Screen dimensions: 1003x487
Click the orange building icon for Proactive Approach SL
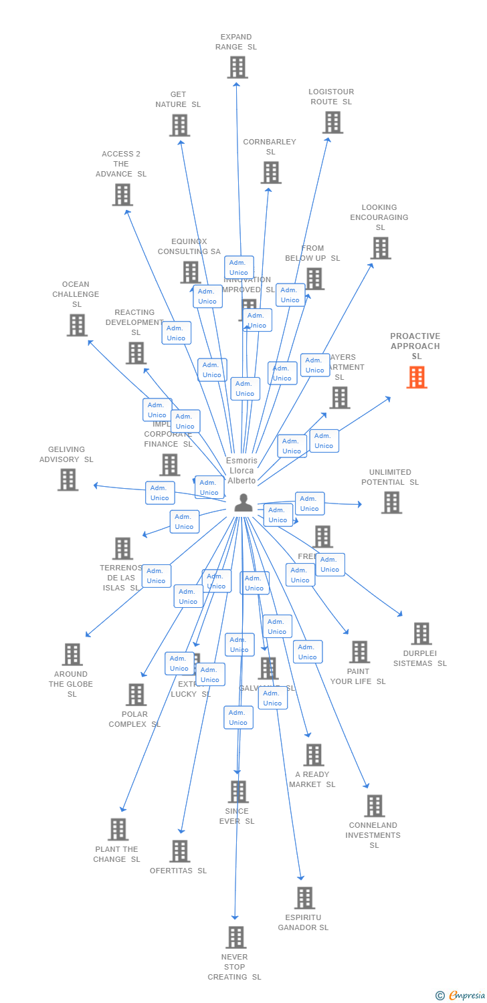tap(417, 378)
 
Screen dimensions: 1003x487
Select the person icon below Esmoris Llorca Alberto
tap(243, 503)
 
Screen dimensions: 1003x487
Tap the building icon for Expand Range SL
tap(237, 68)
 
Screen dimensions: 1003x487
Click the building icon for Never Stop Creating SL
tap(235, 937)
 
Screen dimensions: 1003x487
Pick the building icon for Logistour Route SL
tap(332, 122)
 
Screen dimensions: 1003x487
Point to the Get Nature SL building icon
tap(179, 125)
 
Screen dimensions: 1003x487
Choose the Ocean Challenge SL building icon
tap(77, 325)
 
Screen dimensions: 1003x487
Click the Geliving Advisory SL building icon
tap(68, 479)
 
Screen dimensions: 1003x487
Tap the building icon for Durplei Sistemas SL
tap(421, 633)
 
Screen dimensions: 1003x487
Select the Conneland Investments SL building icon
tap(375, 806)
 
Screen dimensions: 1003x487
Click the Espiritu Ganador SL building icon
tap(304, 898)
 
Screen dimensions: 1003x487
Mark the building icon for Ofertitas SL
tap(179, 851)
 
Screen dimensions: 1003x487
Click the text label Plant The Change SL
tap(116, 854)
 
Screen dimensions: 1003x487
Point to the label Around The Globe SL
tap(71, 684)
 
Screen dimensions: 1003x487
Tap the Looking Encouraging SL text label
tap(379, 217)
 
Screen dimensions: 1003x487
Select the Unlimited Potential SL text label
tap(390, 477)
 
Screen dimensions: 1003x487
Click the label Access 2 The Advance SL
tap(121, 164)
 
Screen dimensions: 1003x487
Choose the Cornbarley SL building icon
tap(271, 173)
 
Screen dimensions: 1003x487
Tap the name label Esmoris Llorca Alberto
tap(241, 471)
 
